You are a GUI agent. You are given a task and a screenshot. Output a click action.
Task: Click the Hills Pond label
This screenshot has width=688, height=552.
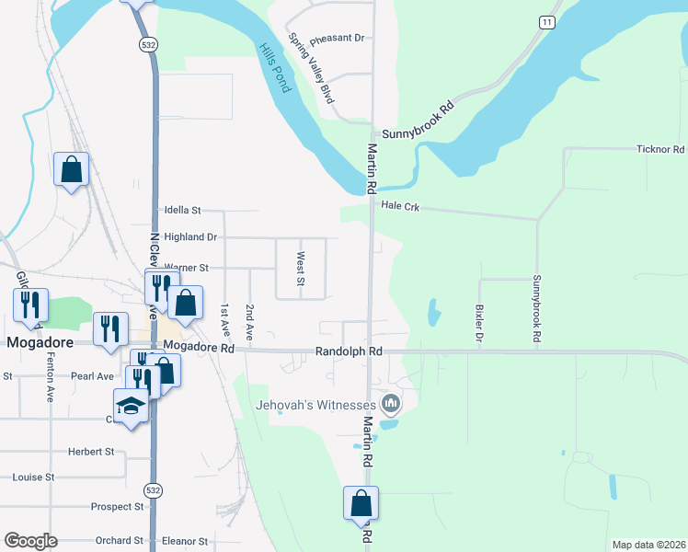click(274, 67)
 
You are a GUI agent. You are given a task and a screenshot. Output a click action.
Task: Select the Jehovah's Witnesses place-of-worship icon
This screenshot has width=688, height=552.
click(392, 404)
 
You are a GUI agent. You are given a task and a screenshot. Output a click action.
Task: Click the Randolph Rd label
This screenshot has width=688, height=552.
click(349, 351)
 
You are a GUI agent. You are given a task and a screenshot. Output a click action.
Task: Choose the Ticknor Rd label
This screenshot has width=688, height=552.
click(660, 149)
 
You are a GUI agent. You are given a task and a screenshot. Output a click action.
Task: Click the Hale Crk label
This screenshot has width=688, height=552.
click(400, 208)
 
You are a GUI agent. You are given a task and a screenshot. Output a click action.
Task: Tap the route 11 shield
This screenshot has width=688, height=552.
click(547, 22)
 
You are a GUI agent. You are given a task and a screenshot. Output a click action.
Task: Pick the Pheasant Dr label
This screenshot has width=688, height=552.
click(338, 39)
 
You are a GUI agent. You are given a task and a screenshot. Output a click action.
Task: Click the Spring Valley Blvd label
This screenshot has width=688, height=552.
click(310, 67)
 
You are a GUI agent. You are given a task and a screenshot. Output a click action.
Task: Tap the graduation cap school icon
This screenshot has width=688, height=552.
click(131, 406)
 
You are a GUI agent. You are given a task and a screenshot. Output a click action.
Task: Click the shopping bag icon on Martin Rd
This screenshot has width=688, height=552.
click(361, 504)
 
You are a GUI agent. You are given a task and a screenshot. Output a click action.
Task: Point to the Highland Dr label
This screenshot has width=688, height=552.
click(190, 237)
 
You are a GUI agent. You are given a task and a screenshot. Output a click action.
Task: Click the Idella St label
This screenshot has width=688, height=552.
click(182, 211)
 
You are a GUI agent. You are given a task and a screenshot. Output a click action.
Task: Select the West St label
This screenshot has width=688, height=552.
click(301, 269)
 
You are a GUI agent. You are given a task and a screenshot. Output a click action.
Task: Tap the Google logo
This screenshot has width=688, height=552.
click(30, 541)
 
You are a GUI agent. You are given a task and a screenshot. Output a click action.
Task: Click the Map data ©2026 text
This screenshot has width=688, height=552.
click(648, 545)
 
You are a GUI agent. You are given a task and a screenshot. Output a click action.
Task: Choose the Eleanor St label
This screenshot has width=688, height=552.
click(188, 541)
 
